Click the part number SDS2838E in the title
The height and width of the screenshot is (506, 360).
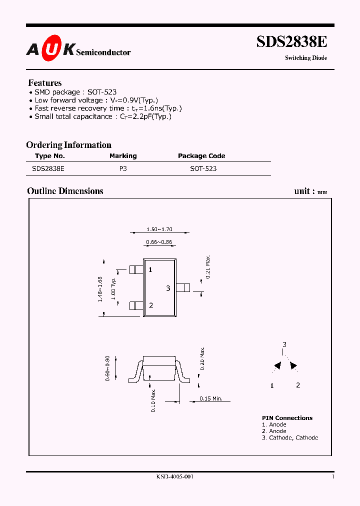tap(291, 42)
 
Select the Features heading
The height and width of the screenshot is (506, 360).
tap(45, 83)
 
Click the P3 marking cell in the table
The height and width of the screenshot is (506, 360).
tap(123, 169)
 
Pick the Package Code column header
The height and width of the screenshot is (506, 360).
tap(201, 156)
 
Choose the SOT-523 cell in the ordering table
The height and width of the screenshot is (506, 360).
tap(203, 169)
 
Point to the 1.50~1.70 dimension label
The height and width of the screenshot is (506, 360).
tap(159, 229)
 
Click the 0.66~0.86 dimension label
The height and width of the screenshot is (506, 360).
tap(159, 242)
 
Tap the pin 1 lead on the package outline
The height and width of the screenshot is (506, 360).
tap(136, 269)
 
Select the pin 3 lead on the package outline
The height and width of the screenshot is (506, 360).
tap(183, 287)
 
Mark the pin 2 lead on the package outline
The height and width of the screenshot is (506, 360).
tap(136, 305)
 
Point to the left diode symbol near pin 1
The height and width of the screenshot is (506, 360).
tap(276, 366)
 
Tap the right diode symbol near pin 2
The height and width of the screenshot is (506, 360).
tap(293, 366)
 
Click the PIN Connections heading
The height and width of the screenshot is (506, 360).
tap(287, 418)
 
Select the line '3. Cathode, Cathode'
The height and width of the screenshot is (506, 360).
tap(290, 437)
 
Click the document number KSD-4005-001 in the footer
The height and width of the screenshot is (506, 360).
tap(174, 477)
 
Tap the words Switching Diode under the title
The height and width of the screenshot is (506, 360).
tap(306, 58)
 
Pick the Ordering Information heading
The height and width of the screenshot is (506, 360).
tap(68, 145)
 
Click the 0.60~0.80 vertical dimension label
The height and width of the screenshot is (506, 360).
tap(108, 369)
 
